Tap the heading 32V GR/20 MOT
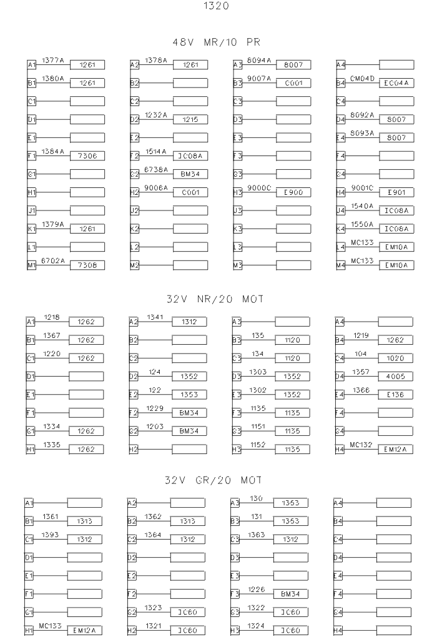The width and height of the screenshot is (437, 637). (x=214, y=481)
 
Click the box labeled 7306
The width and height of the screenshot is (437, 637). (x=87, y=156)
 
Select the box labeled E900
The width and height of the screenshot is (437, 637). (x=293, y=192)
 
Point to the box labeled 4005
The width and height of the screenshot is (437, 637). (x=396, y=377)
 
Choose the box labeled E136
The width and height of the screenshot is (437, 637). (x=396, y=395)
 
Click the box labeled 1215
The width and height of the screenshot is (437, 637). (x=190, y=119)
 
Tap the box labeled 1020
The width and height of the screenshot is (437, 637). (x=396, y=358)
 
